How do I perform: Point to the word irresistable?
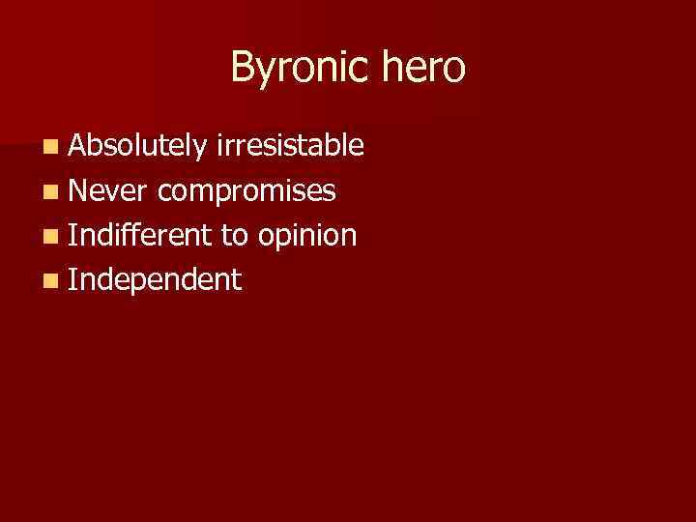pyautogui.click(x=290, y=146)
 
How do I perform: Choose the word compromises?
pyautogui.click(x=247, y=191)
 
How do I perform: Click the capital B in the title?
pyautogui.click(x=242, y=67)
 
